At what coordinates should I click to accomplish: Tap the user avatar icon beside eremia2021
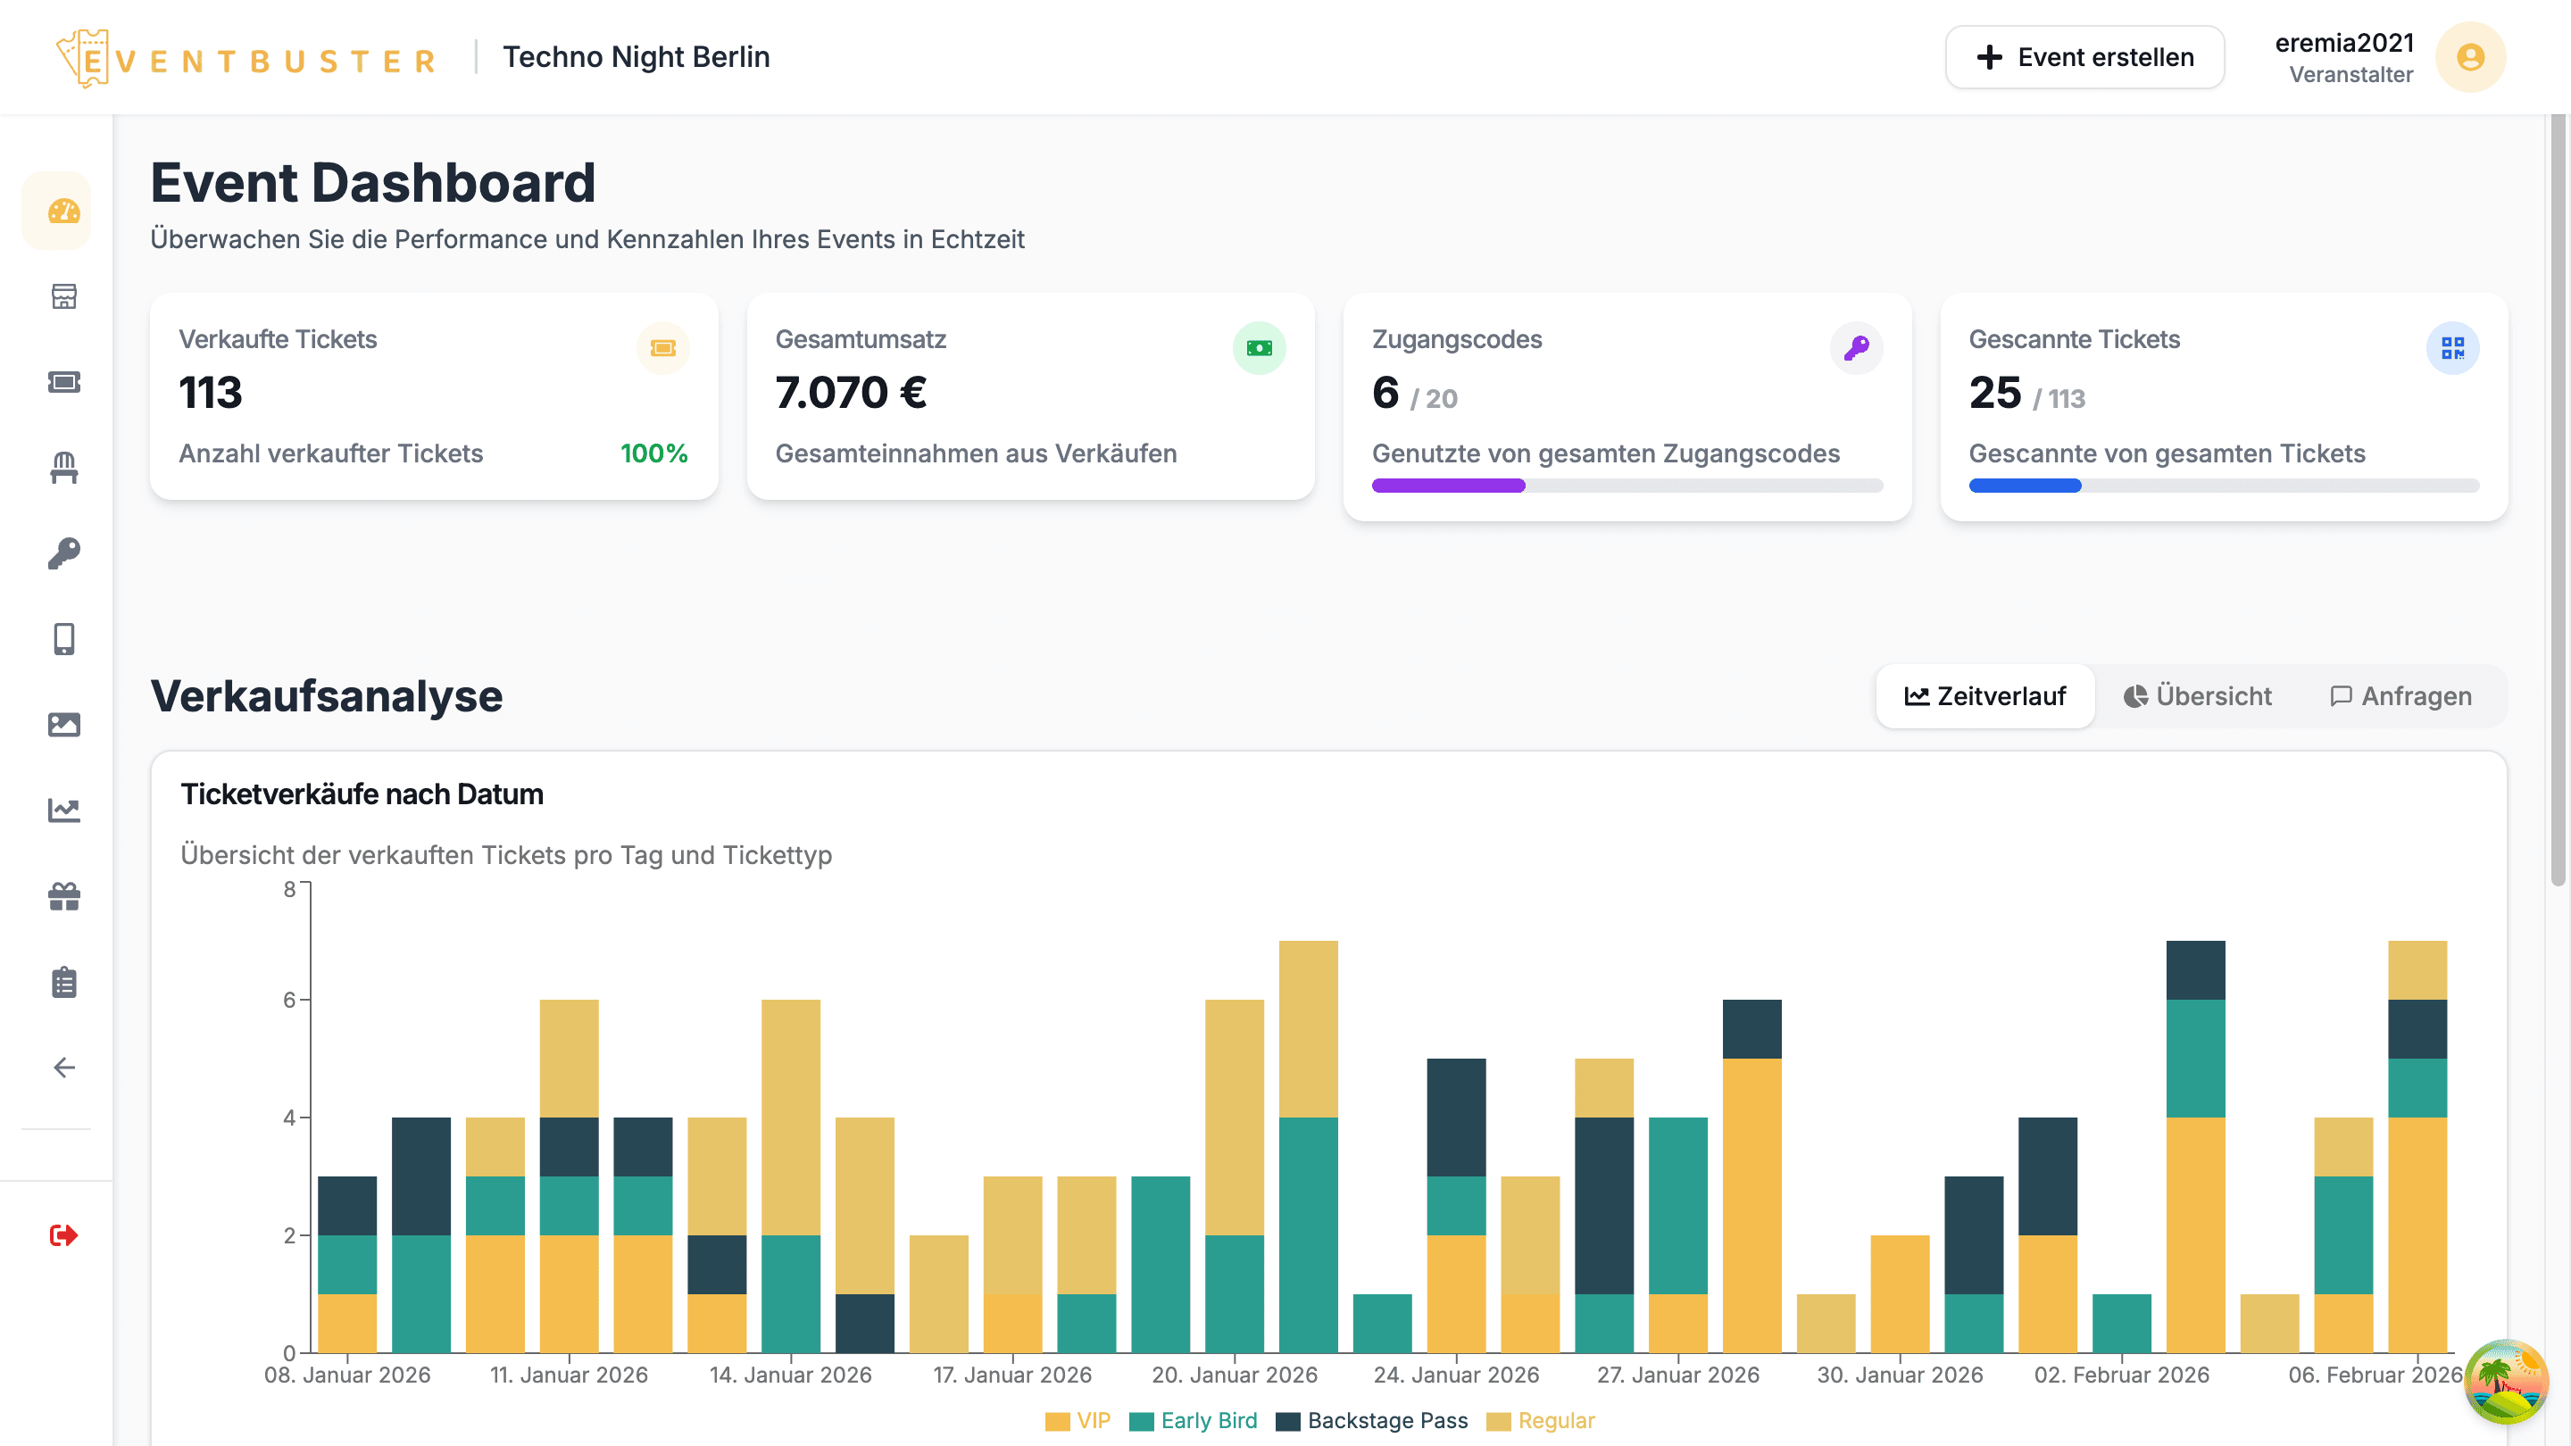[x=2469, y=57]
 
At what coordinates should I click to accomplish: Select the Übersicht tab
[x=2197, y=695]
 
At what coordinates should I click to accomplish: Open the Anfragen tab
[x=2400, y=695]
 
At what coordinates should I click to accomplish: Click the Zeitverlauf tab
[x=1984, y=695]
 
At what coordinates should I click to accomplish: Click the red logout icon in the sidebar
[x=64, y=1235]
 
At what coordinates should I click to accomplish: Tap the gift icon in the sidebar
[x=64, y=896]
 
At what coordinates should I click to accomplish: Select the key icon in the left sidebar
[x=64, y=553]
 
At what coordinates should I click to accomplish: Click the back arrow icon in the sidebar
[x=64, y=1068]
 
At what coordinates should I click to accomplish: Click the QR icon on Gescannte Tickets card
[x=2452, y=347]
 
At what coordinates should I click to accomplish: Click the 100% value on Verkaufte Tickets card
[x=653, y=453]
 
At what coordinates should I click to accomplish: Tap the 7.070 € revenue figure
[x=851, y=392]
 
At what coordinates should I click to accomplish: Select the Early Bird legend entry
[x=1194, y=1420]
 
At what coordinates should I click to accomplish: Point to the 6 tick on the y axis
[x=290, y=999]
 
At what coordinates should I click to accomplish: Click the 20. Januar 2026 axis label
[x=1234, y=1375]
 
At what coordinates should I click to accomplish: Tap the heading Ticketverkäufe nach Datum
[x=362, y=794]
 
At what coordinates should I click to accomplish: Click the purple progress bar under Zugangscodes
[x=1447, y=485]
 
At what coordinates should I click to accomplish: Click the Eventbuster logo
[x=245, y=60]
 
